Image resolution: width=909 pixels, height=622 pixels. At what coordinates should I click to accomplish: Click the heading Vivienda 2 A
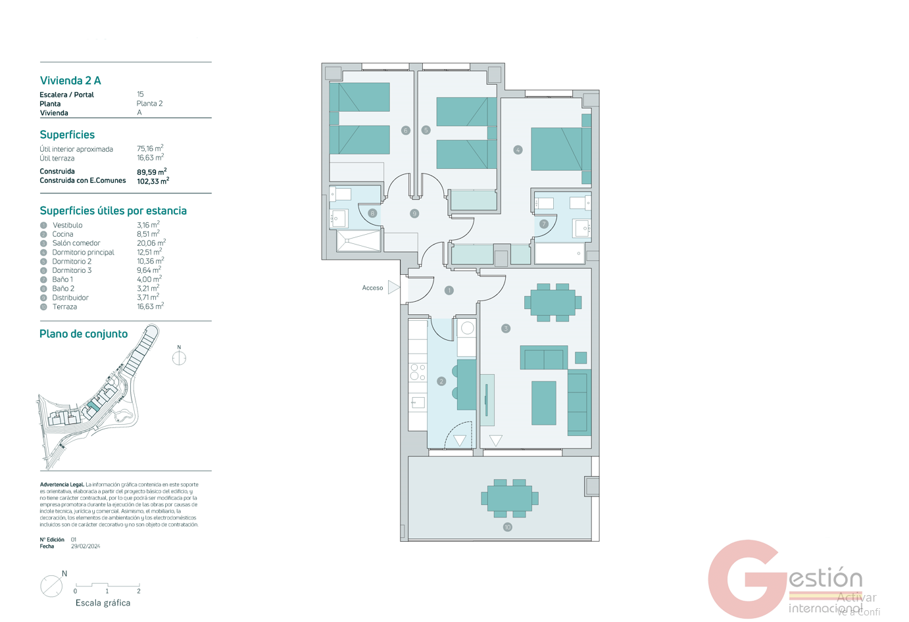(70, 81)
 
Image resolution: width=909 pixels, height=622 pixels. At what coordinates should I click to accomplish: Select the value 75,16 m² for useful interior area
(150, 149)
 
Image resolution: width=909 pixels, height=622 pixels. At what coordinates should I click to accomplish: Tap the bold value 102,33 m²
(153, 181)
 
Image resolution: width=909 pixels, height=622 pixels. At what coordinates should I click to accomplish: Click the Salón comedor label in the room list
(76, 243)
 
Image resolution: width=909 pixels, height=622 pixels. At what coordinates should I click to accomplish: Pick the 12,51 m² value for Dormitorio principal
(149, 252)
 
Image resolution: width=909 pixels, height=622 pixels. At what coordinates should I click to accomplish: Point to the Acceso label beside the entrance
(372, 288)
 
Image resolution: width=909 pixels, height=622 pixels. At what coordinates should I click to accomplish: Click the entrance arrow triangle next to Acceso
(393, 287)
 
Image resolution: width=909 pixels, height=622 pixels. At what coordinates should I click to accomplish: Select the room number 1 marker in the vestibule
(449, 290)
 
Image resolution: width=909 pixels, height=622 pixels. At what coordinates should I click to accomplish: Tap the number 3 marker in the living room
(506, 328)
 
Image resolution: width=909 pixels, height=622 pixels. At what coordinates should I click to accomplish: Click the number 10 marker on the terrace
(507, 527)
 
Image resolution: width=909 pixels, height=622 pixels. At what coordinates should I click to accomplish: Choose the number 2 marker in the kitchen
(441, 381)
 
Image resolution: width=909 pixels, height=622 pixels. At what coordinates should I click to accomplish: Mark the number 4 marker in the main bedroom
(518, 150)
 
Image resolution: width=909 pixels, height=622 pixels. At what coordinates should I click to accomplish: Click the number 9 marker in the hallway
(414, 214)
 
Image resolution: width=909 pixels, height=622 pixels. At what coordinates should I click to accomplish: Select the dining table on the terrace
(510, 498)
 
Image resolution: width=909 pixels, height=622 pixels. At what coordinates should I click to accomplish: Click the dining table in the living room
(553, 302)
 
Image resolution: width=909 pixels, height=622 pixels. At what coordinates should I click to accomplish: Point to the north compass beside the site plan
(179, 358)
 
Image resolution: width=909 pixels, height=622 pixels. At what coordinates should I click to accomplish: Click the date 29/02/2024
(86, 546)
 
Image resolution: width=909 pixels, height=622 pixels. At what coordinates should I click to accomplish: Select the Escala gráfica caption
(103, 603)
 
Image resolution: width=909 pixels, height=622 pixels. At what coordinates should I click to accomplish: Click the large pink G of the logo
(747, 579)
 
